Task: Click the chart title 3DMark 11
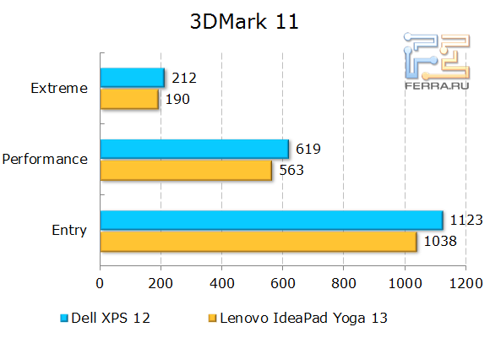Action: [244, 23]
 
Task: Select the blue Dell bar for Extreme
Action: [132, 78]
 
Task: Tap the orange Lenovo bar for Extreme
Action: [129, 99]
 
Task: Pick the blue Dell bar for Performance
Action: [194, 150]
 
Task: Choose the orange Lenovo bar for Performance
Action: [186, 170]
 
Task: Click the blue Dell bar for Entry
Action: [271, 221]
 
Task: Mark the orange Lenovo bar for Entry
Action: [259, 242]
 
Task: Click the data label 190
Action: [178, 100]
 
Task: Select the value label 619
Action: [308, 150]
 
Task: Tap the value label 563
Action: [291, 171]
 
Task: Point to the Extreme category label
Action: [58, 88]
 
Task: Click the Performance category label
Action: [45, 159]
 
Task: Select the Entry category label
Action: [68, 230]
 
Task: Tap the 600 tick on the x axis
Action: [283, 285]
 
